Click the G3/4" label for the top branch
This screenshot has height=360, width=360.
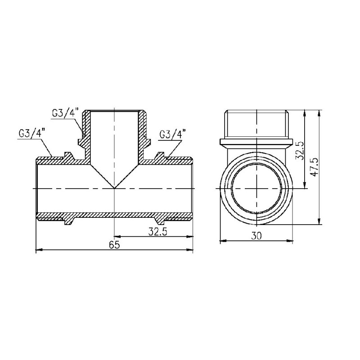65,113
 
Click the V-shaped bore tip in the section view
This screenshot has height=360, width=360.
114,187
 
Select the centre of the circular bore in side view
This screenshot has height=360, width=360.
256,188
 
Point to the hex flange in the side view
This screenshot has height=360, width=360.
256,143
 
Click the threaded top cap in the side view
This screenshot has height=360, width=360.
256,124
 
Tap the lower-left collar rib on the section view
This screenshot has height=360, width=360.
69,220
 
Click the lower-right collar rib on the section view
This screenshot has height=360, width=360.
160,220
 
